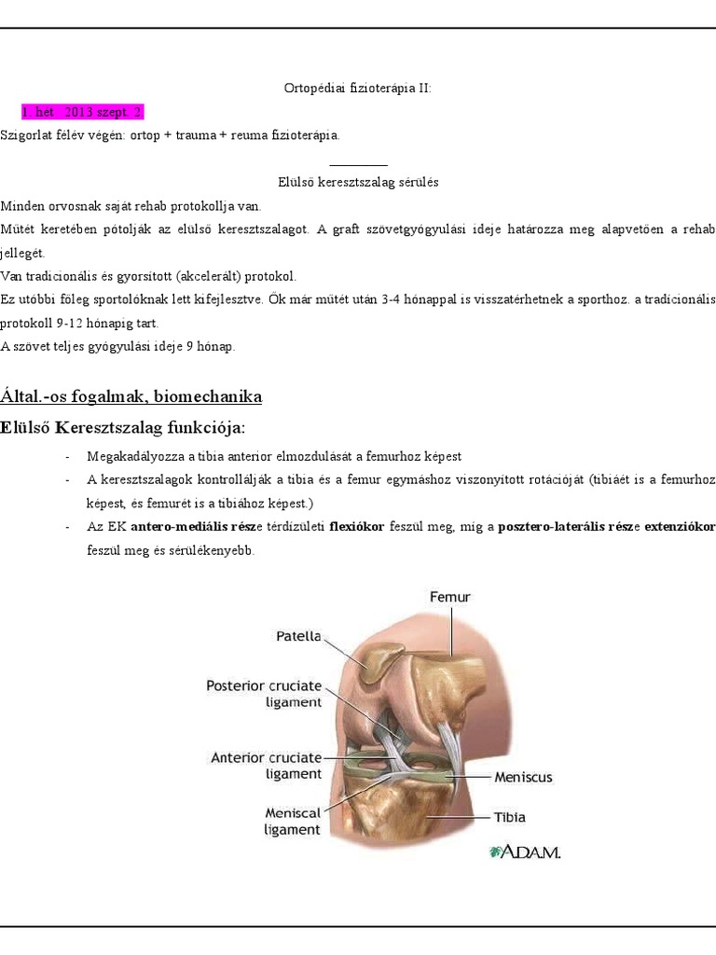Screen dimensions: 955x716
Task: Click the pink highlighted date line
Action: click(x=83, y=112)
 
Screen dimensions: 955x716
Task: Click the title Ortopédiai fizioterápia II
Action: click(x=358, y=89)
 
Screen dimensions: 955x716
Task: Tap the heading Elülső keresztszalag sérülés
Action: click(x=358, y=182)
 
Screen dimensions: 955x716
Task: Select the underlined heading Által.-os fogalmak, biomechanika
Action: click(x=131, y=396)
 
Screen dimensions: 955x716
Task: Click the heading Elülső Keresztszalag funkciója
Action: click(x=124, y=427)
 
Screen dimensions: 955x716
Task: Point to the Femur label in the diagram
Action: click(x=449, y=597)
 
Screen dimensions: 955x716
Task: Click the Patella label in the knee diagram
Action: click(x=298, y=637)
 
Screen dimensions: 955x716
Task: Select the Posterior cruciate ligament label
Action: click(x=264, y=693)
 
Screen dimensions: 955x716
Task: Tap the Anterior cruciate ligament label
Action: click(x=266, y=766)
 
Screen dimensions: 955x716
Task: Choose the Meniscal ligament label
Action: click(x=292, y=821)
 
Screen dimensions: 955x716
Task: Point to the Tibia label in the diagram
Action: click(x=509, y=817)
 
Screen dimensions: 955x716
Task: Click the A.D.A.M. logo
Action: click(x=524, y=851)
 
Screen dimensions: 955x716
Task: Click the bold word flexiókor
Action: click(x=357, y=527)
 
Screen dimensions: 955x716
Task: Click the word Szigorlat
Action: click(x=26, y=135)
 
